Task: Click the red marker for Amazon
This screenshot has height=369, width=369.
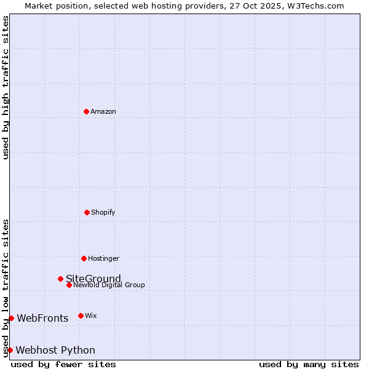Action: tap(86, 111)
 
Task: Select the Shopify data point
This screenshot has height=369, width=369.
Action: tap(87, 212)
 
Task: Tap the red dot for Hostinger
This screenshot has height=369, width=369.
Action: tap(84, 258)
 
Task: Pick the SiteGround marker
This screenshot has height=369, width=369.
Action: tap(60, 279)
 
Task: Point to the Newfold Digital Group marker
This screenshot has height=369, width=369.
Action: tap(69, 285)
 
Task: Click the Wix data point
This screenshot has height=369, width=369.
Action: tap(81, 315)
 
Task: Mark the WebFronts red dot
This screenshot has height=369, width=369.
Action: tap(11, 318)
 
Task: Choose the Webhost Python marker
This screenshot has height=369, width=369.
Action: tap(10, 350)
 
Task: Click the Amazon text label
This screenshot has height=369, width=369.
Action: tap(103, 111)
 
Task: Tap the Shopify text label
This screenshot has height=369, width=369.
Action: tap(103, 212)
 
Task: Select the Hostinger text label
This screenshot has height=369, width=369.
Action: tap(103, 258)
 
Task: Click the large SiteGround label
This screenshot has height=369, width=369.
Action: tap(93, 279)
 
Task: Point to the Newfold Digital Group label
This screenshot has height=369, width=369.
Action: tap(109, 285)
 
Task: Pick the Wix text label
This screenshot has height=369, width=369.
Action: tap(91, 315)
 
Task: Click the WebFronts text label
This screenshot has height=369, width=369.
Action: tap(42, 318)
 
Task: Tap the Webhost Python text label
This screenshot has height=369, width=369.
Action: tap(55, 350)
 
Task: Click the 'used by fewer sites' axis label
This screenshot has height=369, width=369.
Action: tap(63, 364)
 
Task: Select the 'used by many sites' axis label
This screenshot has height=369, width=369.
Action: tap(309, 364)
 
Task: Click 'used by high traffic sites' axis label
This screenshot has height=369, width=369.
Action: tap(6, 87)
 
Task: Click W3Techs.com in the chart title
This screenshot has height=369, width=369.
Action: tap(315, 6)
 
